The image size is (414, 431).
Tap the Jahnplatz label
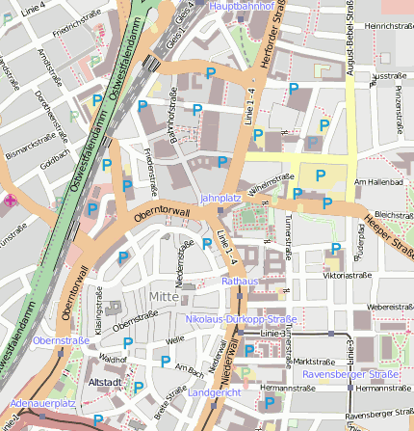219,198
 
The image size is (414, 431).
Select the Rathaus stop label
241,281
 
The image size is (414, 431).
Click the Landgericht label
215,393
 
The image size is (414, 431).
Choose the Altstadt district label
104,382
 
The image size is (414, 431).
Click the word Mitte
165,295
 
